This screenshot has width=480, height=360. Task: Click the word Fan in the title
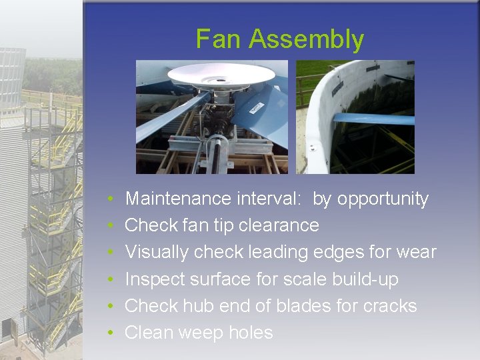tap(219, 39)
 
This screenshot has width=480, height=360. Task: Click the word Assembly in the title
tap(306, 40)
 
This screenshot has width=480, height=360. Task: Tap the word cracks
tap(390, 306)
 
